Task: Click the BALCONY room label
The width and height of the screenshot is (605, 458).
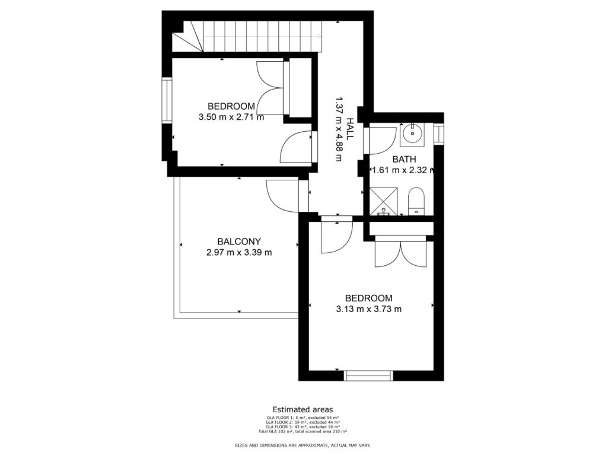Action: tap(238, 241)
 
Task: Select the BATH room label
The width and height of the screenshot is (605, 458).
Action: tap(404, 159)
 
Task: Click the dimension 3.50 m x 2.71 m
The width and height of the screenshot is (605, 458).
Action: tap(231, 117)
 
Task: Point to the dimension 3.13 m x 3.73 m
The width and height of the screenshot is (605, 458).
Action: tap(368, 308)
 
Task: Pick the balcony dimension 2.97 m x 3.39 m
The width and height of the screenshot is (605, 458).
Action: tap(238, 252)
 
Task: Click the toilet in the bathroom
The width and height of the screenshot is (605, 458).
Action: tap(416, 201)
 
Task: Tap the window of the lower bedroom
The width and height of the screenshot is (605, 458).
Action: tap(368, 375)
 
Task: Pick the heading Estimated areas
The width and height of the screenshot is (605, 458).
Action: tap(302, 409)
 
